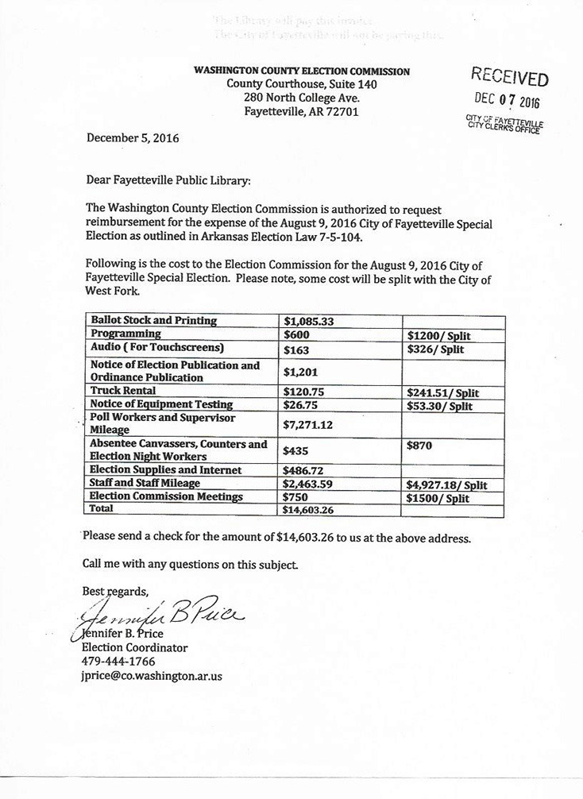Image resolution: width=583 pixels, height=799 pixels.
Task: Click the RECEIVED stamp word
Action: (509, 77)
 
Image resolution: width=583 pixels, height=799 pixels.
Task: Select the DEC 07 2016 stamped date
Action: (506, 101)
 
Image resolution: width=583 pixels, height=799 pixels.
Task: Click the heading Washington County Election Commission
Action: (302, 71)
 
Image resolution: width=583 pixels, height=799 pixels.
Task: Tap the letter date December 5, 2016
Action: (133, 137)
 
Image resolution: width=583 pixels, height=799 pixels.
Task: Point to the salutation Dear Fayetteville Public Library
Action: (168, 180)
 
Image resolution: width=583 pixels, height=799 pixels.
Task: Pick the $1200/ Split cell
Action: (438, 336)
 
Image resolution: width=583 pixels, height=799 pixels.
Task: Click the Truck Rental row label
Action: (123, 392)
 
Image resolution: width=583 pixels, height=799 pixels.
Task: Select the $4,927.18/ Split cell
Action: (446, 484)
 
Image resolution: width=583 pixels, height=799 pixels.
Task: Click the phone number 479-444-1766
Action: (118, 661)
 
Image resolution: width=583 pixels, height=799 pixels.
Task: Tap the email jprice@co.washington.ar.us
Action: (152, 675)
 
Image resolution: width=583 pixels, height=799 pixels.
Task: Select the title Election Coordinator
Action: (134, 647)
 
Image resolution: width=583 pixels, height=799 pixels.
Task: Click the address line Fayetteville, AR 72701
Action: (302, 112)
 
